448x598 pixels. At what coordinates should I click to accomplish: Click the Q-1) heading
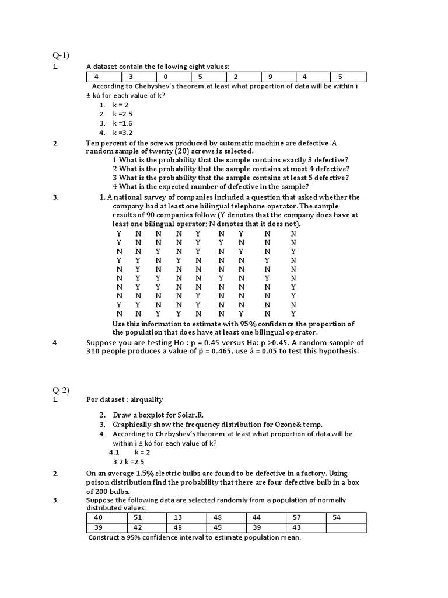point(61,55)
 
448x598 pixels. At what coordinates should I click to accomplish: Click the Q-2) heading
point(61,390)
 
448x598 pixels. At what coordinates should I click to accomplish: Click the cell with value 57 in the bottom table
point(306,518)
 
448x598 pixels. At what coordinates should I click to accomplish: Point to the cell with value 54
point(346,518)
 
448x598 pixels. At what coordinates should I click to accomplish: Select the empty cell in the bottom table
point(346,528)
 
